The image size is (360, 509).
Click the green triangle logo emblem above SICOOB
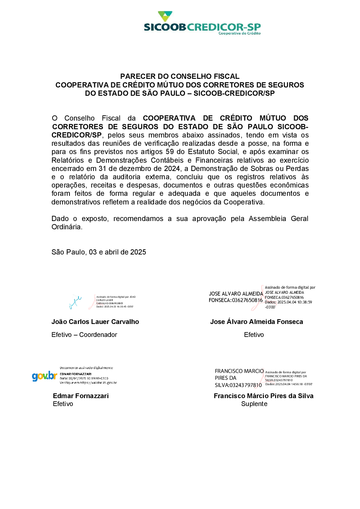pos(165,16)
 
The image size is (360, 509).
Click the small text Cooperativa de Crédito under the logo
pos(239,33)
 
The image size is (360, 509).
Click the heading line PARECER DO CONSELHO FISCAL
pos(180,76)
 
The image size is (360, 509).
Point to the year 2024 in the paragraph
pos(172,168)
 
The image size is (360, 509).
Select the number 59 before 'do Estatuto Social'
pos(170,152)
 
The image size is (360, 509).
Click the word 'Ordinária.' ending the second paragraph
pos(67,227)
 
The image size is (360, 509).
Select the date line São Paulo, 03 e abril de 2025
pos(99,252)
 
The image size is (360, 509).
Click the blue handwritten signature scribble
pos(75,302)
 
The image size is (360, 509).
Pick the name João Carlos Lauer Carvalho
pos(95,322)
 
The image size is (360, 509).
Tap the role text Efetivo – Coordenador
pos(84,335)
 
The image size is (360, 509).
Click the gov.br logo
pos(44,376)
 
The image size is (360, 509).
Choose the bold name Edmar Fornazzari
pos(81,396)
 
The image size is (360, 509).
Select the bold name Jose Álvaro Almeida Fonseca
pos(256,322)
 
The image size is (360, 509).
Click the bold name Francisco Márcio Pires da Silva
pos(264,396)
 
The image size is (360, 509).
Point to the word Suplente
pos(254,404)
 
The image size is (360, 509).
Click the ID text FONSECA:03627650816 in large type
pos(235,300)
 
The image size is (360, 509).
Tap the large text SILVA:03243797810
pos(238,385)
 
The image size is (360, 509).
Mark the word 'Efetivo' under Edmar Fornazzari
pos(63,404)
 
